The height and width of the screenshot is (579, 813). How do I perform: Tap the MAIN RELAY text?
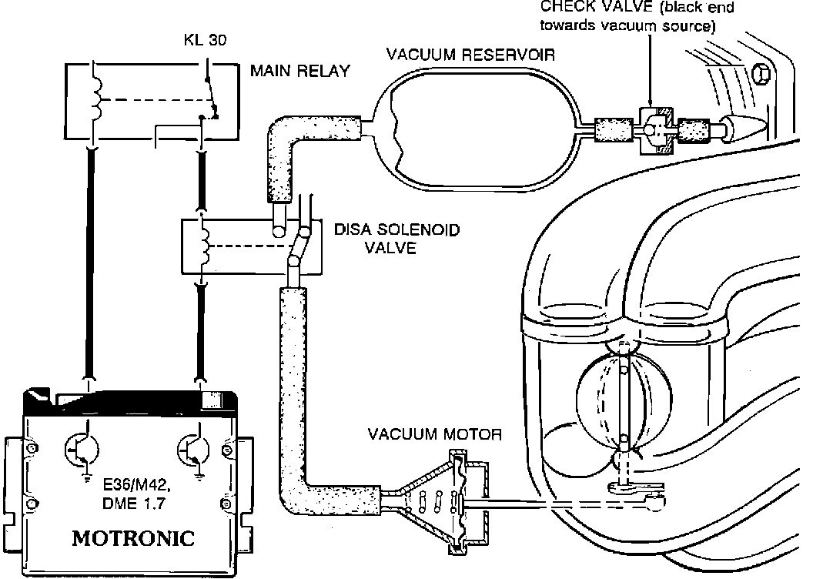point(299,72)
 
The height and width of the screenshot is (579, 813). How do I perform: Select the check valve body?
point(654,129)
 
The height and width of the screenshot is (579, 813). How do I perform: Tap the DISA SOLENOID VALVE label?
point(376,239)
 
